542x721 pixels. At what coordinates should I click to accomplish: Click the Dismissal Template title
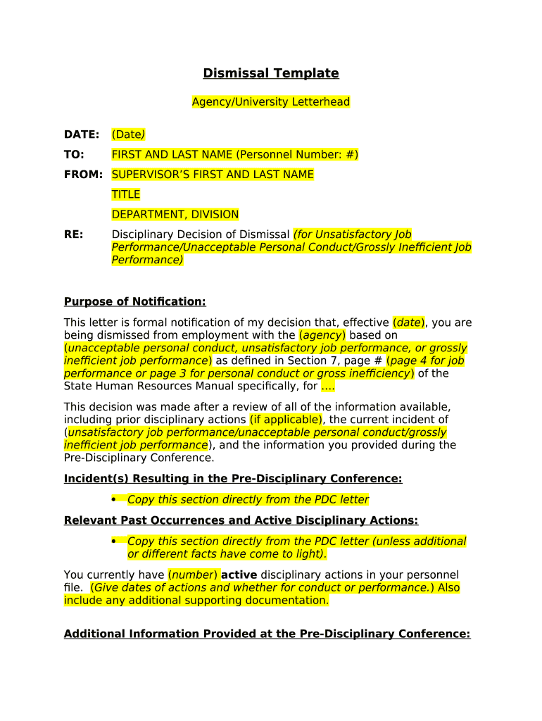point(271,73)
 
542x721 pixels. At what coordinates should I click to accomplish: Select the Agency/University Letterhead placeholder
point(271,102)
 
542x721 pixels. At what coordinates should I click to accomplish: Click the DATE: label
point(82,134)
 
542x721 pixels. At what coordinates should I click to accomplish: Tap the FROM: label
point(83,174)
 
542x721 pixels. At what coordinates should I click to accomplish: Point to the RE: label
point(74,234)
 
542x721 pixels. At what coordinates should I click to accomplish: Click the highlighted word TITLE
point(126,194)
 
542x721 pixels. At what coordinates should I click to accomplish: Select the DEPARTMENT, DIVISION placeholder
point(175,214)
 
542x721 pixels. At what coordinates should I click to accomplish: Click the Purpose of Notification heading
point(135,301)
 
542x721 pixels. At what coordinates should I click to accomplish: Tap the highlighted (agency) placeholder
point(322,335)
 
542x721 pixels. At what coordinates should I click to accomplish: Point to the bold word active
point(239,575)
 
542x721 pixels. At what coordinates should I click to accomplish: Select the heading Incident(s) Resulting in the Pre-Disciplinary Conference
point(233,479)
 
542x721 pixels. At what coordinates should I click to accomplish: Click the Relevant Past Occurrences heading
point(241,520)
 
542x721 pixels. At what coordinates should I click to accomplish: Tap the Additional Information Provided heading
point(267,634)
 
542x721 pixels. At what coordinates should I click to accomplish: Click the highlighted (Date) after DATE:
point(129,134)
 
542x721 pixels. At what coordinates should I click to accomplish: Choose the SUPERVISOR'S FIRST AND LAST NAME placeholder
point(213,174)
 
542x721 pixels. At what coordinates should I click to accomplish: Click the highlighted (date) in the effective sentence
point(409,322)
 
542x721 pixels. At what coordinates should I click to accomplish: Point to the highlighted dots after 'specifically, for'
point(327,386)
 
